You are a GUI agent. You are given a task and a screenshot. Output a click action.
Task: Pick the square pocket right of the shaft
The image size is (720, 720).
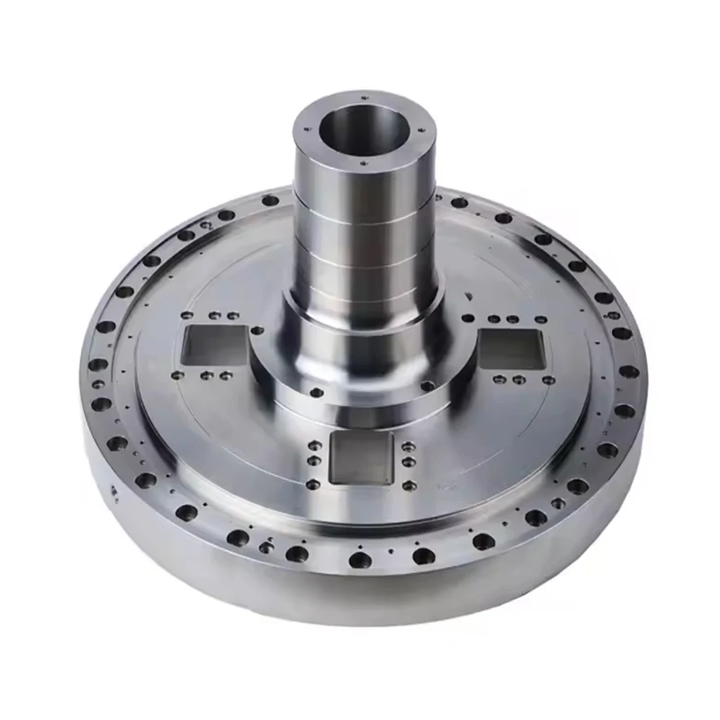click(511, 349)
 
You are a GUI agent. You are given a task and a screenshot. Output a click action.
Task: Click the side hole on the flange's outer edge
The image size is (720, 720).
click(114, 490)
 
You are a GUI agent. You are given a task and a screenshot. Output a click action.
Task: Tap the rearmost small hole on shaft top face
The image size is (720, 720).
click(361, 93)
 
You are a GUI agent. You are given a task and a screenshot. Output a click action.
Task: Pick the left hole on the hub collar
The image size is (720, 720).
click(316, 392)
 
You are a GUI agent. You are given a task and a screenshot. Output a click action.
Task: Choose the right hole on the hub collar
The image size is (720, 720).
click(427, 385)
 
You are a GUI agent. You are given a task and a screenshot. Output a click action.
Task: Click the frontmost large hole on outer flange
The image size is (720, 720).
click(360, 560)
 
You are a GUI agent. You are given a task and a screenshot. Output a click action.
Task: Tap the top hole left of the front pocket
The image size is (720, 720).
click(311, 444)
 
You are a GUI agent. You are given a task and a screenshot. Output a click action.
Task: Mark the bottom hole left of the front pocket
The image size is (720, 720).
click(311, 484)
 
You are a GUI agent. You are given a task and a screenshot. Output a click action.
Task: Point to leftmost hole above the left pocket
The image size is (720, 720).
click(186, 316)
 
